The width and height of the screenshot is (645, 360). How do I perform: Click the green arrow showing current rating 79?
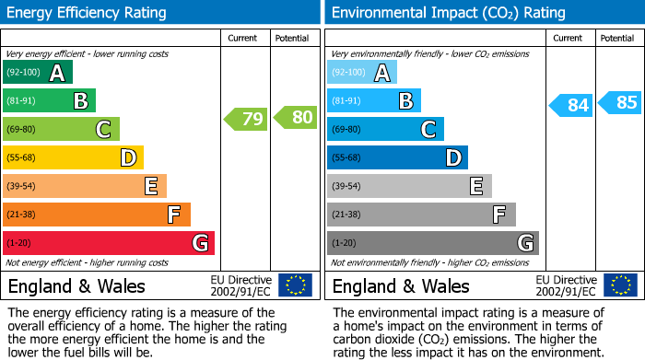click(x=245, y=118)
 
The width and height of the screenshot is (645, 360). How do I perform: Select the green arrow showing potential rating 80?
click(x=295, y=118)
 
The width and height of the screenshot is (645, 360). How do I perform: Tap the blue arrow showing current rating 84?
click(x=570, y=105)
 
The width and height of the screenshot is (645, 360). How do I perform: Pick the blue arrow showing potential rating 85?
click(x=619, y=102)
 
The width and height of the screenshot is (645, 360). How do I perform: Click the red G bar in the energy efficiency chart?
click(x=108, y=243)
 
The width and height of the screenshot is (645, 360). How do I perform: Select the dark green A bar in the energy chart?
click(x=37, y=73)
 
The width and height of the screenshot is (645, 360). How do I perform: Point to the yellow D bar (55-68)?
click(x=73, y=158)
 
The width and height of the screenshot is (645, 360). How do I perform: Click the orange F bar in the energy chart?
click(x=96, y=215)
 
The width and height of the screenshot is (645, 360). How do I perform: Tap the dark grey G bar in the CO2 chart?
click(x=432, y=243)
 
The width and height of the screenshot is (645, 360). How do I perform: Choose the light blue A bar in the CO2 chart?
click(x=362, y=73)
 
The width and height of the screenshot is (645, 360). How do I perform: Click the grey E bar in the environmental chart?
click(x=409, y=186)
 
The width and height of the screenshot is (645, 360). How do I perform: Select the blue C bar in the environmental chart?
click(x=385, y=130)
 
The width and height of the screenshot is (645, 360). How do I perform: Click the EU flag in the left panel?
click(x=296, y=285)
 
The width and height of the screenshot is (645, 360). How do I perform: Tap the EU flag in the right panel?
click(x=620, y=285)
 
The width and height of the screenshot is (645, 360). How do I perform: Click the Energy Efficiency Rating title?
click(x=88, y=13)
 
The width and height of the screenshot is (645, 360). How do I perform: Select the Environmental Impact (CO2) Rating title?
click(x=448, y=13)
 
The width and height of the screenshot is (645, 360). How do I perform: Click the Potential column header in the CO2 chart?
click(x=617, y=38)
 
